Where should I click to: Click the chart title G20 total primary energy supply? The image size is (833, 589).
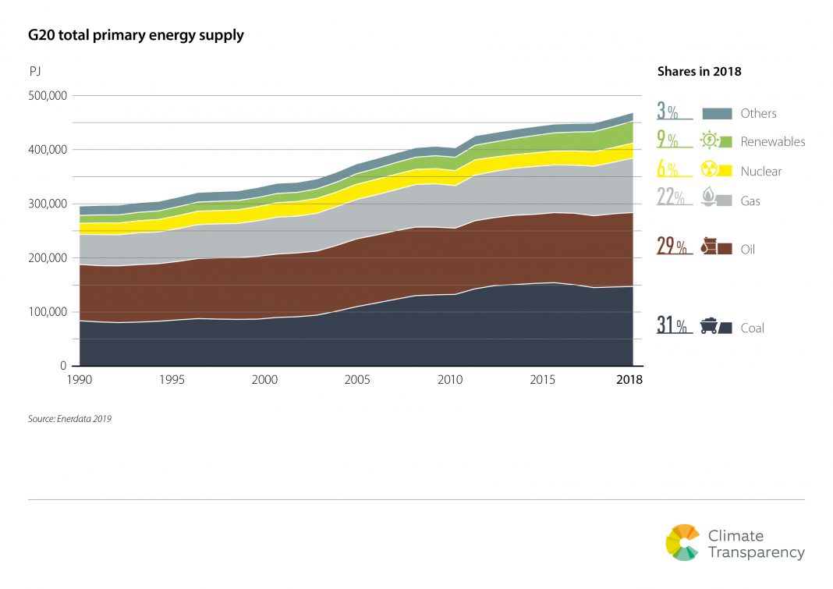click(x=136, y=35)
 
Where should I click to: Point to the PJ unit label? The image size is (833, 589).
click(x=35, y=71)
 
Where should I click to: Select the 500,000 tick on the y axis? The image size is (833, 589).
click(x=48, y=96)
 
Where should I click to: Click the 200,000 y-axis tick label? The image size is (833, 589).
click(x=48, y=257)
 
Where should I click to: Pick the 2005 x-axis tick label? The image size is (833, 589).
click(x=357, y=380)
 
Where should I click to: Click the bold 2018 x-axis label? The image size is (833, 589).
click(x=629, y=380)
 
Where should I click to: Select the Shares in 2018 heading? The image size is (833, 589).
click(x=699, y=71)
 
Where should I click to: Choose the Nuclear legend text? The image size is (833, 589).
click(x=761, y=172)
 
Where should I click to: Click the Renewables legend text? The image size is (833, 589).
click(x=773, y=142)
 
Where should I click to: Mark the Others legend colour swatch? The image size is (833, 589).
click(x=717, y=113)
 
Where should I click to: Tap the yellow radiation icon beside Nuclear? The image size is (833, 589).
click(x=710, y=169)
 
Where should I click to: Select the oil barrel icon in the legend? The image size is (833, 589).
click(x=710, y=246)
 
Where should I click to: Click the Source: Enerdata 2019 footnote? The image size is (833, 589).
click(x=69, y=419)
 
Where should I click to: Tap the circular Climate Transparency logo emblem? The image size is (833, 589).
click(x=682, y=543)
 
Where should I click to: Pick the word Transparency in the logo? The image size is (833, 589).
click(x=756, y=552)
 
